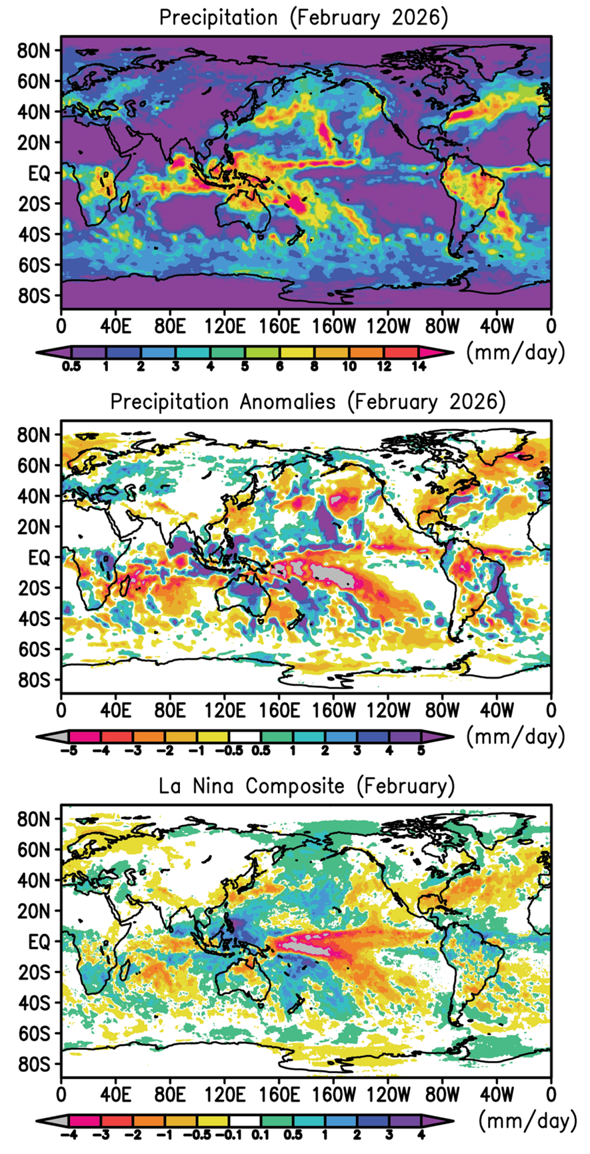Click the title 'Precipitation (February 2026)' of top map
[303, 17]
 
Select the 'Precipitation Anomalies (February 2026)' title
[307, 402]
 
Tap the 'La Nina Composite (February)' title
[307, 786]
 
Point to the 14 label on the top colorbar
[418, 366]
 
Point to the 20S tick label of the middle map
[34, 588]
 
